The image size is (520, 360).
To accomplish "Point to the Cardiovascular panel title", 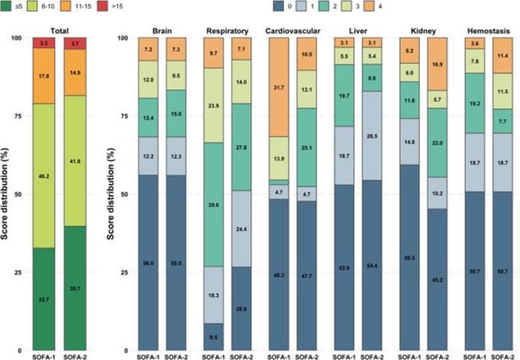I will click(293, 31).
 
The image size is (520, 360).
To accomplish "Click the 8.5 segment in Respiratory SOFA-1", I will click(213, 336).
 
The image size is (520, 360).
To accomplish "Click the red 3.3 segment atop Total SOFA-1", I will click(45, 44).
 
